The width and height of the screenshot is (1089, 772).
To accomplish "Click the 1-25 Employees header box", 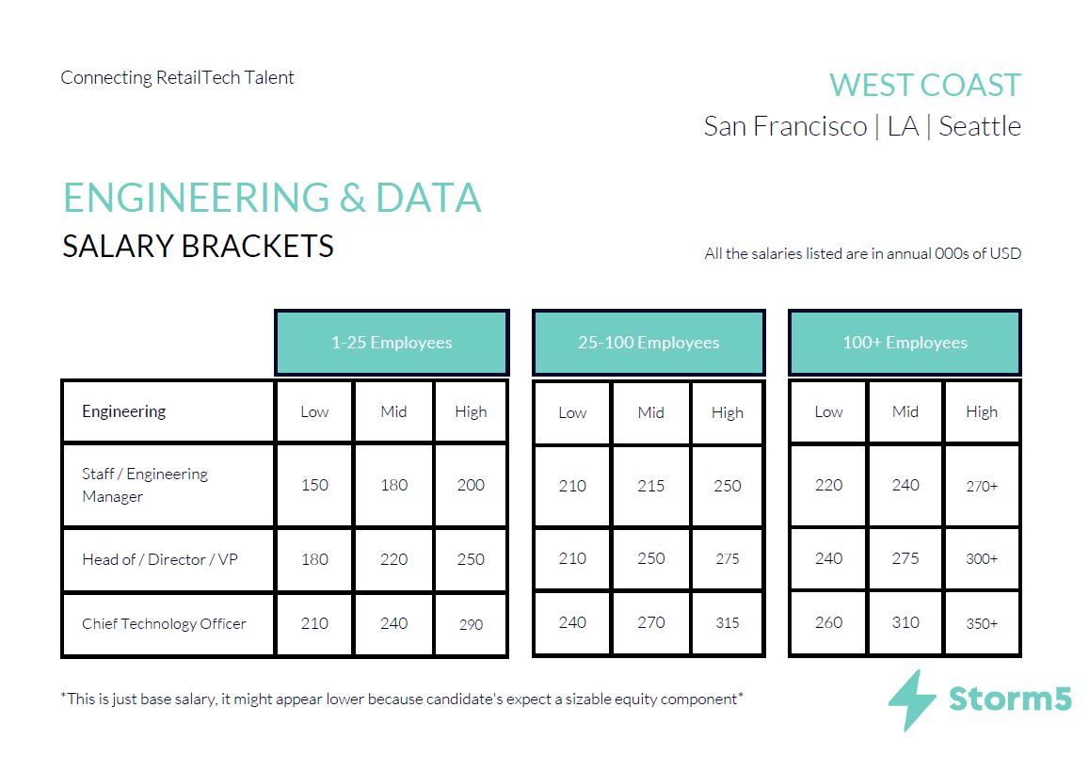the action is point(392,342).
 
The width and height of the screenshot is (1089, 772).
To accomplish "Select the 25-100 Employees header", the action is point(649,342).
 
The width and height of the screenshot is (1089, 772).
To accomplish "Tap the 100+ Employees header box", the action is point(905,342).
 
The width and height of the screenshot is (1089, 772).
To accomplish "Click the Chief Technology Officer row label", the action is point(164,624).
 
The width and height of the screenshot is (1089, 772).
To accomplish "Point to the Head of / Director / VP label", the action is point(160,559).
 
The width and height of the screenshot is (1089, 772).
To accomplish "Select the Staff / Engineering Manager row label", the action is point(144,485).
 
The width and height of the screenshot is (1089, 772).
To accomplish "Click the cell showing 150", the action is point(314,485).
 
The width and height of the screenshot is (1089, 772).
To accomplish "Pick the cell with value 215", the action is point(650,486).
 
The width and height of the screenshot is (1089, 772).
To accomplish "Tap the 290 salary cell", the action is point(471,624).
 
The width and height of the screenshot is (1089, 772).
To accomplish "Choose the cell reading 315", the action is point(728,622).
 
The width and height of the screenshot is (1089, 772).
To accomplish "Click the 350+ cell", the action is point(982,623).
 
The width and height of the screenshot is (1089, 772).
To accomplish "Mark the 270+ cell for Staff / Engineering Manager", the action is point(982,486).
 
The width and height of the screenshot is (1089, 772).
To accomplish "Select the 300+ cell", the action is point(982,558).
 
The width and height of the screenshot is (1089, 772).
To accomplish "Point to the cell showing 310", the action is point(905,622).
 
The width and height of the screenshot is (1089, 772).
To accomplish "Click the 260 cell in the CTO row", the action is point(828,622).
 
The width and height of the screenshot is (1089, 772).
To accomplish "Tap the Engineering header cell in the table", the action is point(168,411).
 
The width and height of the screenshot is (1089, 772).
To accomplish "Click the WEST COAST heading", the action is point(925,86).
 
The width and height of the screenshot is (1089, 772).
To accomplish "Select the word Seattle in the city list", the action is point(979,126).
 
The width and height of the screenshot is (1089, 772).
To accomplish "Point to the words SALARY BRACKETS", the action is point(198,246).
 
